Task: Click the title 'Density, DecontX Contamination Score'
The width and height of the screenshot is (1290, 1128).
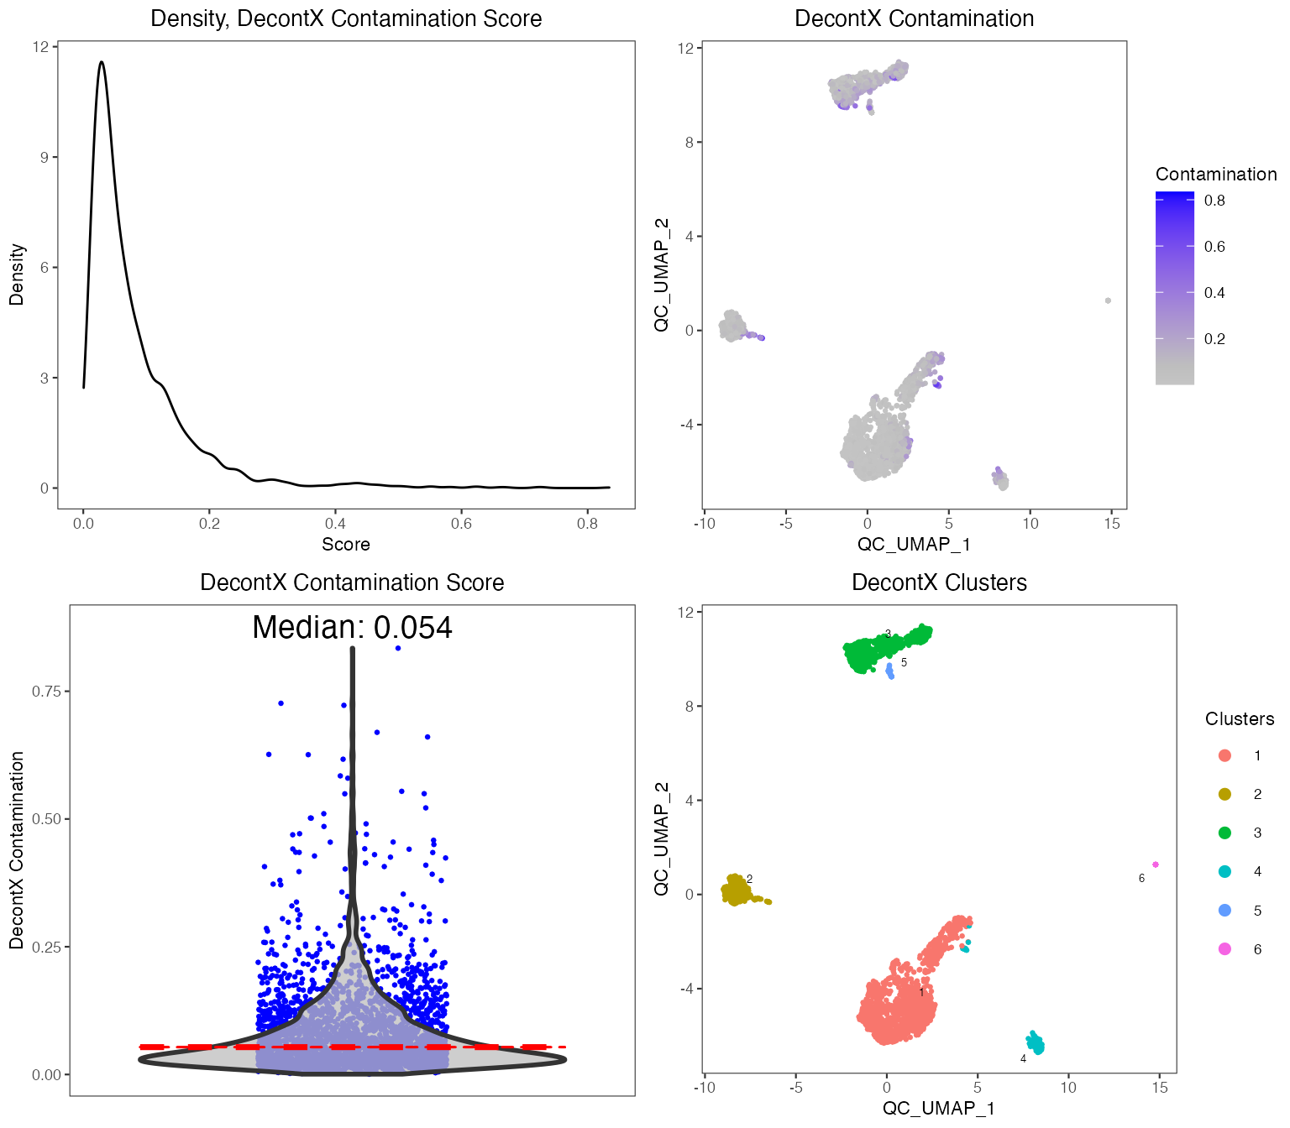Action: click(346, 18)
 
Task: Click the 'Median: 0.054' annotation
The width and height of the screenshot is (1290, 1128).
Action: click(352, 628)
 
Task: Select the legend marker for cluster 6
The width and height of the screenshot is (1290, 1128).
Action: click(1224, 949)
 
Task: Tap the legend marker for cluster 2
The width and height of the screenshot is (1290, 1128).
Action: click(1224, 794)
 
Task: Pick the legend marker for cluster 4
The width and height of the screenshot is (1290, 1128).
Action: click(1224, 871)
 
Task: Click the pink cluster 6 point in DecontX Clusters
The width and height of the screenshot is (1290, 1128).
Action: click(1156, 864)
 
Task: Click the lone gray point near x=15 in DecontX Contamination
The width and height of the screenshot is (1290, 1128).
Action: click(1108, 300)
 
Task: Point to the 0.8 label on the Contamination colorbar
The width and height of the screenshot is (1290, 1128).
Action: click(1214, 201)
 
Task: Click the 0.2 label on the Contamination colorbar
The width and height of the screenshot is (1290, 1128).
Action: click(1214, 339)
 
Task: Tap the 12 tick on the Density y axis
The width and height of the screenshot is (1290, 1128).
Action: click(40, 47)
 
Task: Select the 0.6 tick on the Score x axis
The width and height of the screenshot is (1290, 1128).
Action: click(461, 524)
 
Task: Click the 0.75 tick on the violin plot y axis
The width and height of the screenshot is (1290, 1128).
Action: click(46, 692)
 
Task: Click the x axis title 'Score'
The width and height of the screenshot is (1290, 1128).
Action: click(346, 545)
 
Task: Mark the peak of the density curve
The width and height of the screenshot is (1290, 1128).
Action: click(102, 62)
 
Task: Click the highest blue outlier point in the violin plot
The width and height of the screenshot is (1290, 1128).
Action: click(398, 648)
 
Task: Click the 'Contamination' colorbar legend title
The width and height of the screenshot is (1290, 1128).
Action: click(1215, 175)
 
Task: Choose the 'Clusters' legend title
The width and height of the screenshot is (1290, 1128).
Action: click(1239, 719)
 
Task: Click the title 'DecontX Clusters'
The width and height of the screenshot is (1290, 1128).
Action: click(939, 582)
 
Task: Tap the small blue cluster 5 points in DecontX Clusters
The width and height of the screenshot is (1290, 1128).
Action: click(890, 671)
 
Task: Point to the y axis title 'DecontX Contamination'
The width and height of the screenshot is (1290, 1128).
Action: click(17, 849)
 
